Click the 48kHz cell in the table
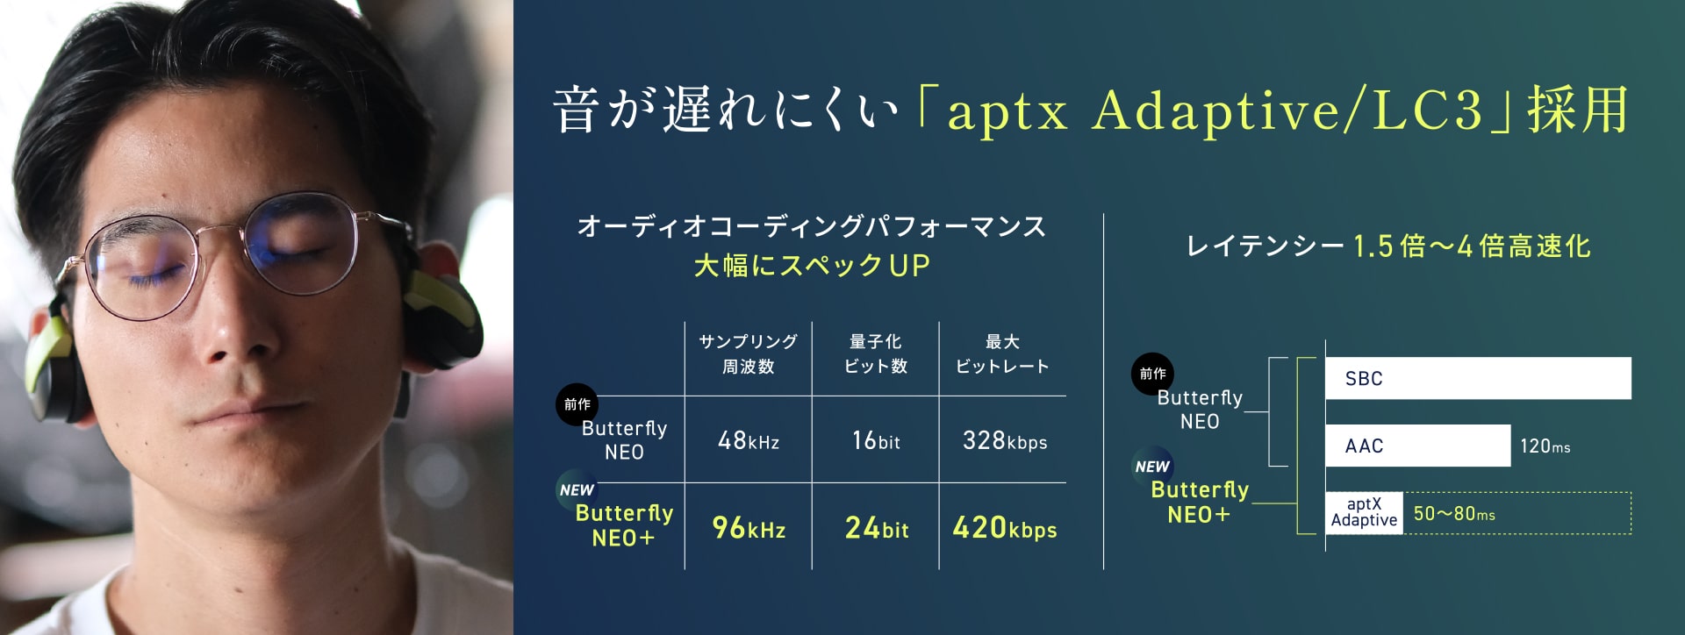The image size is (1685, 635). [x=748, y=440]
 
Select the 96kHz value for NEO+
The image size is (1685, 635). [x=749, y=528]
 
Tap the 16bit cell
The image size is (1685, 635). [x=876, y=440]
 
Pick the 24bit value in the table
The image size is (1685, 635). [x=877, y=528]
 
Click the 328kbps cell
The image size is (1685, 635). [x=1005, y=440]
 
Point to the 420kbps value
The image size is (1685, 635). [x=1005, y=528]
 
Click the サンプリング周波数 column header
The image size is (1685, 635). [x=748, y=353]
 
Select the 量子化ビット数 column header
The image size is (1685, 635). [x=876, y=353]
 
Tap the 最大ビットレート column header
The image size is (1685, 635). [x=1002, y=353]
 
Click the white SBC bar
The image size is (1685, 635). [x=1478, y=378]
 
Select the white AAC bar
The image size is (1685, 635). [x=1418, y=446]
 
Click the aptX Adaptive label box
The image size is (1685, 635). [x=1364, y=512]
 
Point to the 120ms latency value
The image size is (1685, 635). [x=1545, y=446]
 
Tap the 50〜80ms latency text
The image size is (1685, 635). [x=1454, y=514]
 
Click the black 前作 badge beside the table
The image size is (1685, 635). [x=577, y=404]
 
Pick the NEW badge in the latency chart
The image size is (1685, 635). [x=1152, y=467]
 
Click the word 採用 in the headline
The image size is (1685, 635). [x=1578, y=111]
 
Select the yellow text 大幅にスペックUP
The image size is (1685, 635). [x=812, y=265]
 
